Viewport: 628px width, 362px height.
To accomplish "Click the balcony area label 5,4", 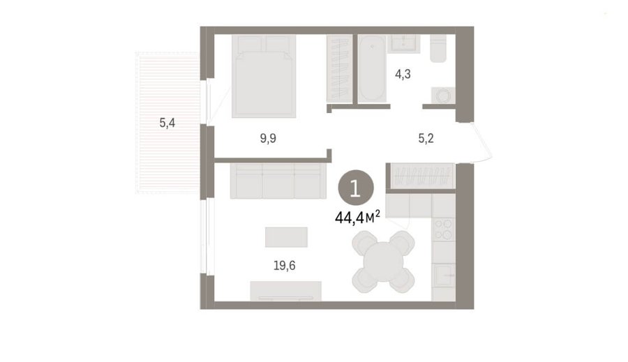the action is (x=167, y=123).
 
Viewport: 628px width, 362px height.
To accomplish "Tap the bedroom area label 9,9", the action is (x=268, y=139).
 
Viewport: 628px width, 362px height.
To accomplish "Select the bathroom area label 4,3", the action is (x=403, y=74).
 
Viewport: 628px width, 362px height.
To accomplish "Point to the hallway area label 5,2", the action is (x=426, y=139).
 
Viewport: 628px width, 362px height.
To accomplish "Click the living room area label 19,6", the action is (x=285, y=265).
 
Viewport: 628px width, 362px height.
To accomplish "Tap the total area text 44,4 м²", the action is (x=357, y=218).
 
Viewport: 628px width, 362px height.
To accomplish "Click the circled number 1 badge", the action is (x=356, y=188).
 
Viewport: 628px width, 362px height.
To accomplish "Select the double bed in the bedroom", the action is (x=264, y=76).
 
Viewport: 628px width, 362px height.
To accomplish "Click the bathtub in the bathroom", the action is (x=372, y=68).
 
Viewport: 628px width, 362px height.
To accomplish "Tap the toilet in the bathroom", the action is (x=438, y=48).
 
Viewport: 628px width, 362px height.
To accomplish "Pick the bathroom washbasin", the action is (x=404, y=44).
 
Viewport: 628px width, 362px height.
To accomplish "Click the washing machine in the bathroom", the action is (x=443, y=96).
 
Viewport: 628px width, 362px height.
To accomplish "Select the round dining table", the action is (x=384, y=262).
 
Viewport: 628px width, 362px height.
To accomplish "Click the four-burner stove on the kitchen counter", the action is (x=443, y=229).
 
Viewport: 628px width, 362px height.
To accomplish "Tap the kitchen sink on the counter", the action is (x=444, y=275).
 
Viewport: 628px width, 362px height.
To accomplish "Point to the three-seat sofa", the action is (x=278, y=181).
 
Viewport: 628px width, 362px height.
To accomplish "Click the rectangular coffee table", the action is (x=286, y=237).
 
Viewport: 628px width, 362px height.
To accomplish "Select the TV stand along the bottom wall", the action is (x=285, y=291).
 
